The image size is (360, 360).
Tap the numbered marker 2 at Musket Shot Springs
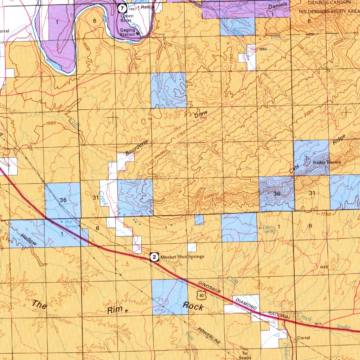(x=154, y=257)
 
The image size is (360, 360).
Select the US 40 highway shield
(x=201, y=296)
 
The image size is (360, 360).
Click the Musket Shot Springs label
(x=182, y=257)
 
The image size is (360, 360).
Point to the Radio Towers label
(x=327, y=162)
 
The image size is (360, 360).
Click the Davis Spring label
(x=269, y=229)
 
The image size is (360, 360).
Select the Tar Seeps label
(x=245, y=355)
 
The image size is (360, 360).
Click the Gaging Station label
(x=127, y=32)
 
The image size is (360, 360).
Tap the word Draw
(x=201, y=114)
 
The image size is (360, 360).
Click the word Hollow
(x=28, y=239)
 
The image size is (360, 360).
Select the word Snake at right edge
(x=344, y=327)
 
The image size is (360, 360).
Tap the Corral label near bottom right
(x=303, y=338)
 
